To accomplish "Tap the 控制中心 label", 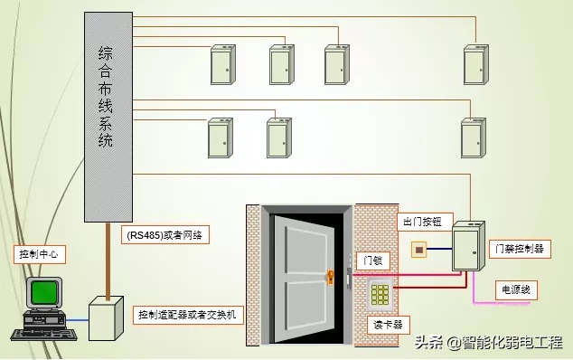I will [38, 254].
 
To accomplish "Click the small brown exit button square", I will [418, 248].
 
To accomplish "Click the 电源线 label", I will [519, 289].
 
